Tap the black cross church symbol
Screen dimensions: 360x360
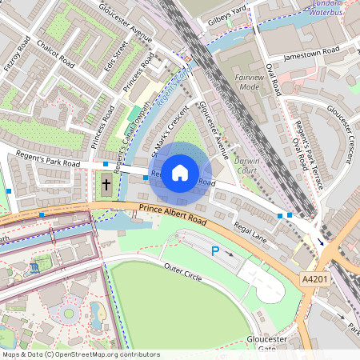[106, 185]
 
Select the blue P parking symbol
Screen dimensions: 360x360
[214, 251]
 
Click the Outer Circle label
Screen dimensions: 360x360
[182, 266]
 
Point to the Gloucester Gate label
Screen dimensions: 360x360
[267, 344]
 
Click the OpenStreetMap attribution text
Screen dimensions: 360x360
[80, 354]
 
